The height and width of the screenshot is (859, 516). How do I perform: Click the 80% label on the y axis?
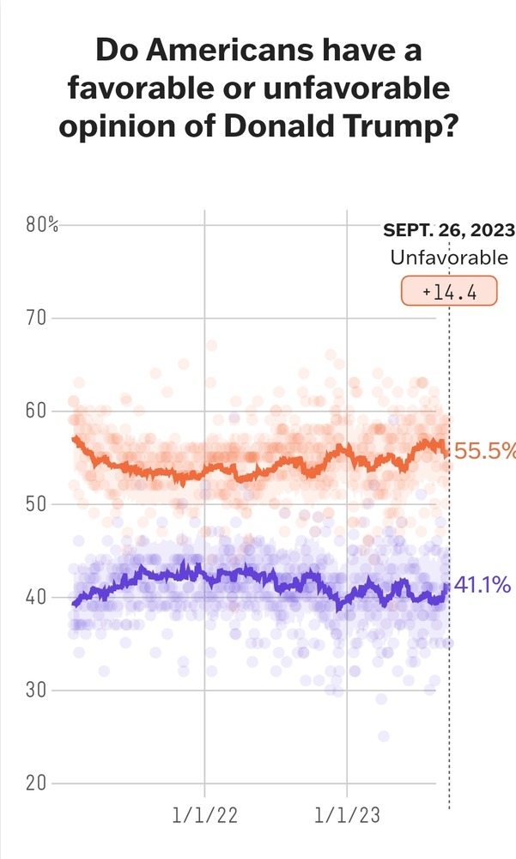click(x=42, y=226)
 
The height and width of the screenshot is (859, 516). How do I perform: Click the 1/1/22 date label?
click(x=204, y=814)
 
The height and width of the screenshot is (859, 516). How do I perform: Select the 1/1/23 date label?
click(x=347, y=814)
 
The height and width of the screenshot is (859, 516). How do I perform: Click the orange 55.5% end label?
click(x=485, y=450)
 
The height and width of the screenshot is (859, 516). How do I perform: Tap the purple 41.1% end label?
click(x=483, y=586)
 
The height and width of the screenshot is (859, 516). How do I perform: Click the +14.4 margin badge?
click(x=449, y=292)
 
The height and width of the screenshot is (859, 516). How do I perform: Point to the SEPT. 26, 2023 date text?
click(x=449, y=230)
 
